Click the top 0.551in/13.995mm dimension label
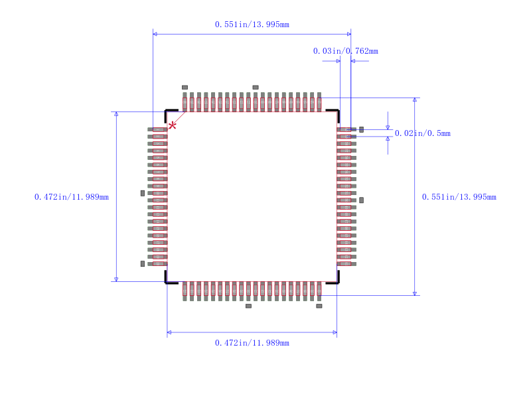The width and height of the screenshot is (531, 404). (252, 25)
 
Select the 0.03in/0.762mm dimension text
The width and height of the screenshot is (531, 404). (345, 51)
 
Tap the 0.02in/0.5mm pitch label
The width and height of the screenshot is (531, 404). (422, 133)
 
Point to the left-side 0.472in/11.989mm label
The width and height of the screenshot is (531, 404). (72, 197)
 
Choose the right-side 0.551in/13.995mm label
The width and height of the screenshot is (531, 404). (459, 197)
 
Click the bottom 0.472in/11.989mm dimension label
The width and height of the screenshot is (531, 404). (252, 343)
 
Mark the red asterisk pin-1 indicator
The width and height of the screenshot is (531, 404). (173, 125)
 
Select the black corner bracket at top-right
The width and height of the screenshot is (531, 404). (335, 113)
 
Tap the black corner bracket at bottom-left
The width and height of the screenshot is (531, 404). (169, 279)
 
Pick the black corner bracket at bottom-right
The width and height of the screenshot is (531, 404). (335, 279)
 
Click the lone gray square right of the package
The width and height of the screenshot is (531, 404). (361, 200)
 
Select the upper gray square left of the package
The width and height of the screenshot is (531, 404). (143, 193)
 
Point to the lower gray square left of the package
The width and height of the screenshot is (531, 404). (143, 263)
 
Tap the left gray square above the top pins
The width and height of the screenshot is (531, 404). (185, 88)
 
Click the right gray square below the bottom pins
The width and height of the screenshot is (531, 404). (319, 306)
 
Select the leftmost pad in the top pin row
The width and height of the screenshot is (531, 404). (185, 103)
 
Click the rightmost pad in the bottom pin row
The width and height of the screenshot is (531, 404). (319, 290)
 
